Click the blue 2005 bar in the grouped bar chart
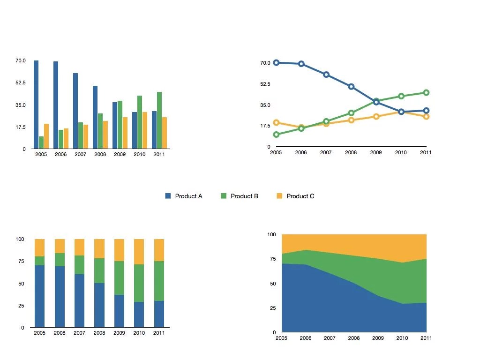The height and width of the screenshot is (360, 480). [36, 105]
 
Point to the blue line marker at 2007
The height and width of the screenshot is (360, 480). [326, 75]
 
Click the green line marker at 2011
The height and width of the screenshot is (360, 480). [426, 93]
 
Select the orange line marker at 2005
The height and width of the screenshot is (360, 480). [276, 123]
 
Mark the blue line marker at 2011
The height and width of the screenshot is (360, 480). [426, 111]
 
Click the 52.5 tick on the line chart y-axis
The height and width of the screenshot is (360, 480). [265, 84]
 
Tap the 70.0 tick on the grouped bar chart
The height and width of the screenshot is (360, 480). [21, 61]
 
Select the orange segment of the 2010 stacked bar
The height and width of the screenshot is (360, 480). [139, 252]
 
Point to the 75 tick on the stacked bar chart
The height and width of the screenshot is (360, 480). [20, 261]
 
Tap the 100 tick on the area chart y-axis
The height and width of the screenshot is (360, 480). [271, 234]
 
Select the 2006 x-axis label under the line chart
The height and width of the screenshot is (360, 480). [300, 152]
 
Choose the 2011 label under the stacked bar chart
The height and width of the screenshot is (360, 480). [159, 333]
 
